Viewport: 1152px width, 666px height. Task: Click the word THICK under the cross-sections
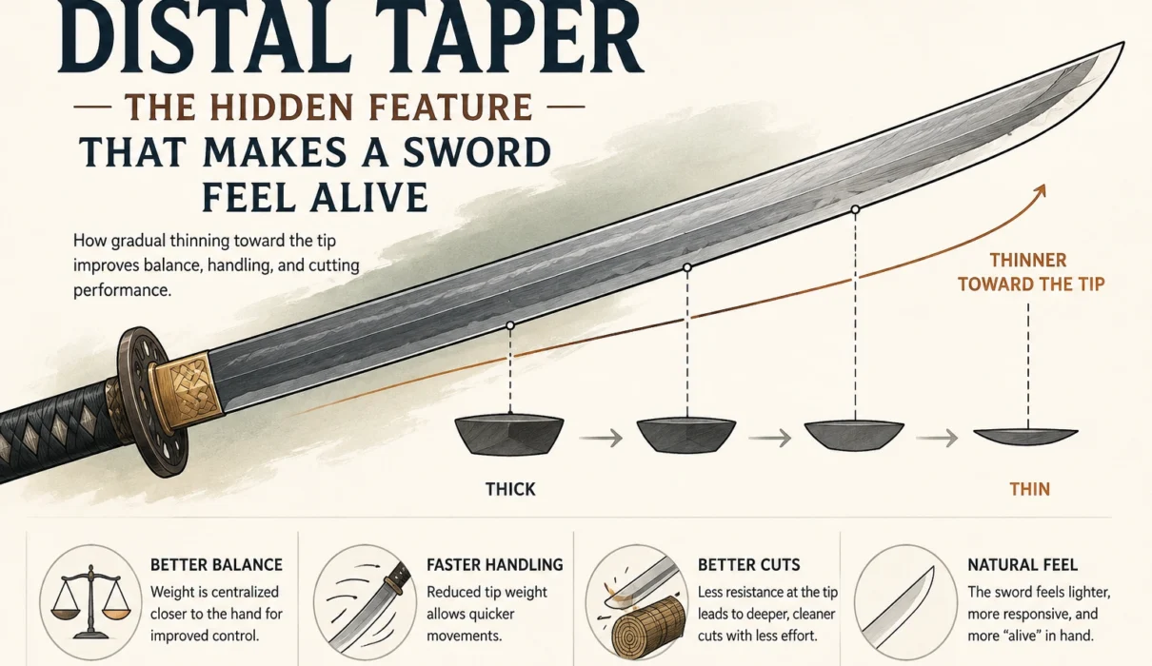click(510, 489)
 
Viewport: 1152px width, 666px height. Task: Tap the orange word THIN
click(1029, 489)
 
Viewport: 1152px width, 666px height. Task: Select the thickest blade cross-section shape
click(509, 434)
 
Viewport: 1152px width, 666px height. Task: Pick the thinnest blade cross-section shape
click(1026, 435)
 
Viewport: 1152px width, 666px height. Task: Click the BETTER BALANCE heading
click(216, 565)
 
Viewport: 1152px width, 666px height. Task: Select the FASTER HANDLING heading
click(495, 565)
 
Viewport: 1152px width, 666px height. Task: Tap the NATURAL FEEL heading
click(1023, 565)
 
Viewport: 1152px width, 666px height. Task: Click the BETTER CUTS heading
click(748, 565)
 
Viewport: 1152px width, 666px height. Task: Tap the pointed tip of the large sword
click(1123, 43)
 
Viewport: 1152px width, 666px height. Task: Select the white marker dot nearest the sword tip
click(855, 209)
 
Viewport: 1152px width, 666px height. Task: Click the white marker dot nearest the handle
click(509, 325)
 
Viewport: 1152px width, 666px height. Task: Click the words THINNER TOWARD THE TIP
click(1031, 272)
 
